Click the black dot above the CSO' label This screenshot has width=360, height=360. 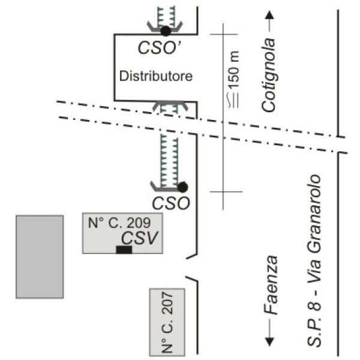coord(166,31)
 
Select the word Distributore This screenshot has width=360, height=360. coord(155,77)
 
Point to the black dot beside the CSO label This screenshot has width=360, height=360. coord(182,187)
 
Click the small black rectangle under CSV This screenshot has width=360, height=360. coord(124,250)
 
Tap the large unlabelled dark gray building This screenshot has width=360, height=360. coord(40,256)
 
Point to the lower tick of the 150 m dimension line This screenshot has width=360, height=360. coord(224,192)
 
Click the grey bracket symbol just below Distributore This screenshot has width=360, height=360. coord(170,106)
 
